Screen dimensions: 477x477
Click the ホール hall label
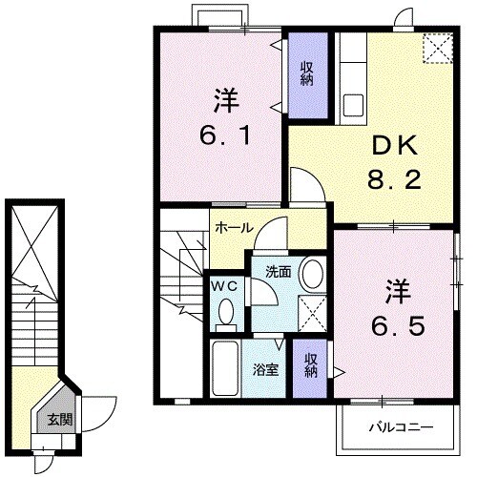coord(234,229)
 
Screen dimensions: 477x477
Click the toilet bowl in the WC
coord(225,311)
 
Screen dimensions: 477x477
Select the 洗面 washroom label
coord(278,271)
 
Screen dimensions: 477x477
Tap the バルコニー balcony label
coord(402,427)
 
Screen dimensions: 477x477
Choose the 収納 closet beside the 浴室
coord(311,364)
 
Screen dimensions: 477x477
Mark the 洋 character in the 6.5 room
coord(398,288)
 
